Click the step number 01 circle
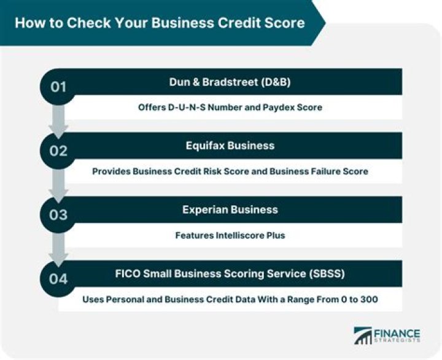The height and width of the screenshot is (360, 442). pos(58,87)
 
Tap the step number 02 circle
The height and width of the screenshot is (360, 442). pos(58,151)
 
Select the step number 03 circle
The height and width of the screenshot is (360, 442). pos(58,214)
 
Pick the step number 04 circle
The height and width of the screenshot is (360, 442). pos(58,278)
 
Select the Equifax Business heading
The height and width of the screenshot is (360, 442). pos(230,146)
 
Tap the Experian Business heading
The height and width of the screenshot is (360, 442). pos(230,209)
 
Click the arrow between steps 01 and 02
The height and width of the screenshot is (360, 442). pos(58,123)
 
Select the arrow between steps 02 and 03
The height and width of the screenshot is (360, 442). pos(58,187)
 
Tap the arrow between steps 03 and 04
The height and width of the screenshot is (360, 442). pos(58,251)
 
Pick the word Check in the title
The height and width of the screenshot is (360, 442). pos(77,23)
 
